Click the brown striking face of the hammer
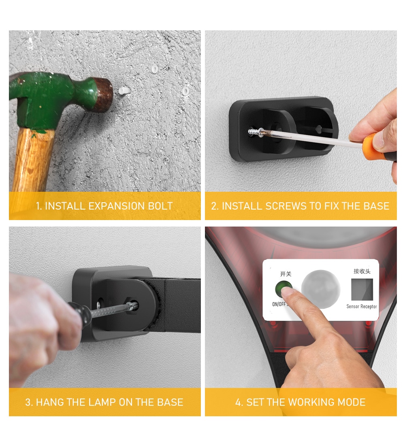click(x=103, y=94)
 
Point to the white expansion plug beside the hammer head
click(x=124, y=90)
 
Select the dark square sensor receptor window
click(x=362, y=289)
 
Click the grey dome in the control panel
click(x=320, y=289)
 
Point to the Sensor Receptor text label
click(x=362, y=307)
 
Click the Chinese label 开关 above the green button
click(x=286, y=274)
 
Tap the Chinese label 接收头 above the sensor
click(x=362, y=271)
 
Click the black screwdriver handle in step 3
click(x=79, y=314)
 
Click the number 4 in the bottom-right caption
click(x=238, y=402)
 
